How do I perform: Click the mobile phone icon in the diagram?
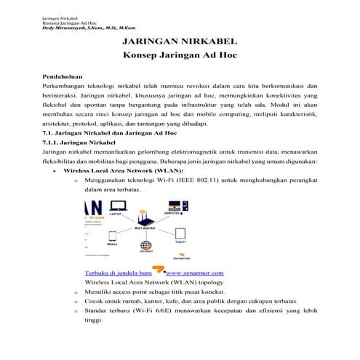coord(111,236)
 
